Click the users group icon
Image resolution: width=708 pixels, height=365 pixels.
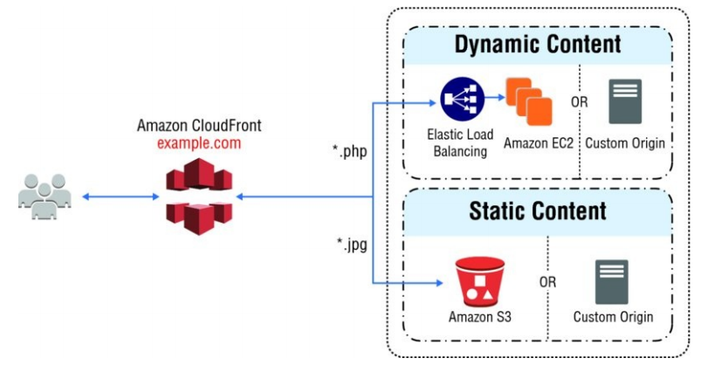[43, 195]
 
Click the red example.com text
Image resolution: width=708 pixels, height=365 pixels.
[198, 141]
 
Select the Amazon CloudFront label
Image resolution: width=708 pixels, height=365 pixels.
[198, 125]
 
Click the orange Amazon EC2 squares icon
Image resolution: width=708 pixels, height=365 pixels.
[529, 100]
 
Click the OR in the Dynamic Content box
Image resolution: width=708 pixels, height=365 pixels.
[580, 102]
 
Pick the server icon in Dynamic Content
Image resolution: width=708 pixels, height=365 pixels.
[625, 101]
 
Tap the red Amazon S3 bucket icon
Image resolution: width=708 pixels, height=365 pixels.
[475, 279]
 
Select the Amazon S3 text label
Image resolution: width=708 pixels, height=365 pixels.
[475, 317]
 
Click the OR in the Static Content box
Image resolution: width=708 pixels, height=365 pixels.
[547, 284]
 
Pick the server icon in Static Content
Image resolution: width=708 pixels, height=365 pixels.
[612, 281]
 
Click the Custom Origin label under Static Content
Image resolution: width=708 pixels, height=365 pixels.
[613, 317]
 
